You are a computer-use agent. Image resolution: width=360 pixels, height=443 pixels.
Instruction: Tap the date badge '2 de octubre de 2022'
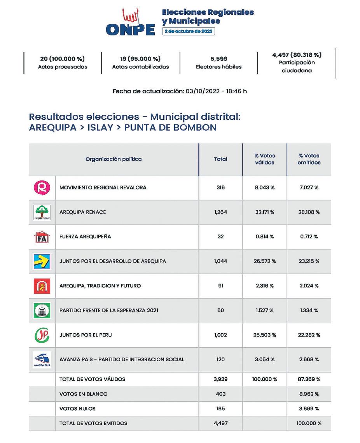tap(189, 31)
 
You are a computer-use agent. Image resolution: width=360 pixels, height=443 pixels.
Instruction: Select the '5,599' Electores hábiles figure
tap(218, 59)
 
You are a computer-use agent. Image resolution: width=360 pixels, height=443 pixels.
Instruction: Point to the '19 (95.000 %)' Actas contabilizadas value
tap(140, 59)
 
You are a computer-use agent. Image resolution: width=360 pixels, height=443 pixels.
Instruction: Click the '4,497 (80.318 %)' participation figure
tap(297, 55)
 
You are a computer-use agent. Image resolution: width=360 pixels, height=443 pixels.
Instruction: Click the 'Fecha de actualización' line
tap(180, 91)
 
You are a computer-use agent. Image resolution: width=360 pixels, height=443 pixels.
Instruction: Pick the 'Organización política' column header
tap(114, 159)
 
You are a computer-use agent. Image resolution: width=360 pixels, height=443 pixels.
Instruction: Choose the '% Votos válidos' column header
tap(264, 159)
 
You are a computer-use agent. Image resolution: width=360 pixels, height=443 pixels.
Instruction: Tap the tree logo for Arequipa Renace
tap(42, 212)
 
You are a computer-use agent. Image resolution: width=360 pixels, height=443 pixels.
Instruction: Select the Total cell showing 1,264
tap(220, 212)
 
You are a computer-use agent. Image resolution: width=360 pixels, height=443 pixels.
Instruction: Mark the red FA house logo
tap(42, 237)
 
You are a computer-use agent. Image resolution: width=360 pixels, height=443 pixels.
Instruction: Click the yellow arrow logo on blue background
tap(42, 261)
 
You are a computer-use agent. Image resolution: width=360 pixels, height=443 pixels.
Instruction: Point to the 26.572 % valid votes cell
tap(264, 261)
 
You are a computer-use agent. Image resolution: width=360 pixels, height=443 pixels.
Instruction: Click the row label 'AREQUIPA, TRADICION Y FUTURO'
tap(100, 286)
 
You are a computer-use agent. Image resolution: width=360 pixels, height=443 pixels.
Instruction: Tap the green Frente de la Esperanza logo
tap(42, 310)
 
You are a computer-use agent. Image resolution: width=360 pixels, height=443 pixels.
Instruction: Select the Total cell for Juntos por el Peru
tap(220, 335)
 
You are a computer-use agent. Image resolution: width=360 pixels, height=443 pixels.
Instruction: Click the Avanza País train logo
tap(42, 359)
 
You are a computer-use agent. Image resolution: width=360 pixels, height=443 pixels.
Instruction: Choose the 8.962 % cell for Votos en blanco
tap(309, 394)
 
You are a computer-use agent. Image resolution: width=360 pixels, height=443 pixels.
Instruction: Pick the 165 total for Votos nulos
tap(220, 409)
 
